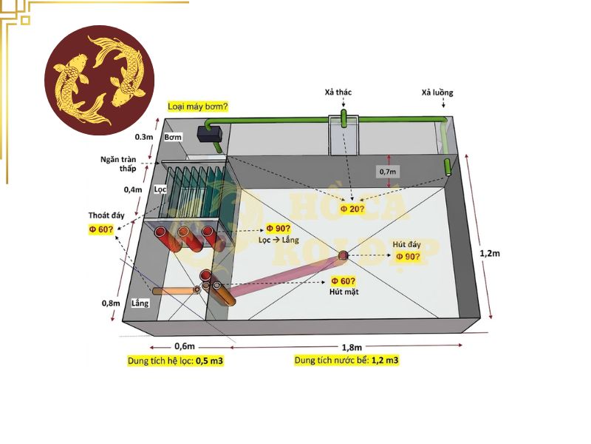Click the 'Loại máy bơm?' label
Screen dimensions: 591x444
pos(197,107)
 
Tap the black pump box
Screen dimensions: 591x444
pos(210,134)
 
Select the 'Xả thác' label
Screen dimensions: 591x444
pos(338,92)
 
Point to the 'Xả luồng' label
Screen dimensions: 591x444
pos(437,93)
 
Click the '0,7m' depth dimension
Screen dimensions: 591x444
pos(388,172)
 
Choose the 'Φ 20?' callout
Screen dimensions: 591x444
pos(352,209)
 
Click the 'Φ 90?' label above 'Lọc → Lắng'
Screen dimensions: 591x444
pos(279,229)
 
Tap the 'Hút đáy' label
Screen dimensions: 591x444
pos(406,245)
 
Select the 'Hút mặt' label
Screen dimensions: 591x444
pos(344,292)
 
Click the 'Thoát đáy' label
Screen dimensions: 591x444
pos(106,215)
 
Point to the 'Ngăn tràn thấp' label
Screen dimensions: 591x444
pos(119,164)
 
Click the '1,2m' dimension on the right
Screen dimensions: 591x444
pos(490,253)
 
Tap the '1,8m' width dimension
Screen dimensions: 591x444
pos(352,347)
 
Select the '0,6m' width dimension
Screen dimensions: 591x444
pos(185,346)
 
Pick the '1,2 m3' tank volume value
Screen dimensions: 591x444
pos(385,360)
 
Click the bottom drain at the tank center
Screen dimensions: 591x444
pos(343,255)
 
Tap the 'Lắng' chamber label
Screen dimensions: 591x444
pos(140,303)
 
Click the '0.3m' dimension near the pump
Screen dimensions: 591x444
pos(144,137)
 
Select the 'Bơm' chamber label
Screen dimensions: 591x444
pos(173,137)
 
